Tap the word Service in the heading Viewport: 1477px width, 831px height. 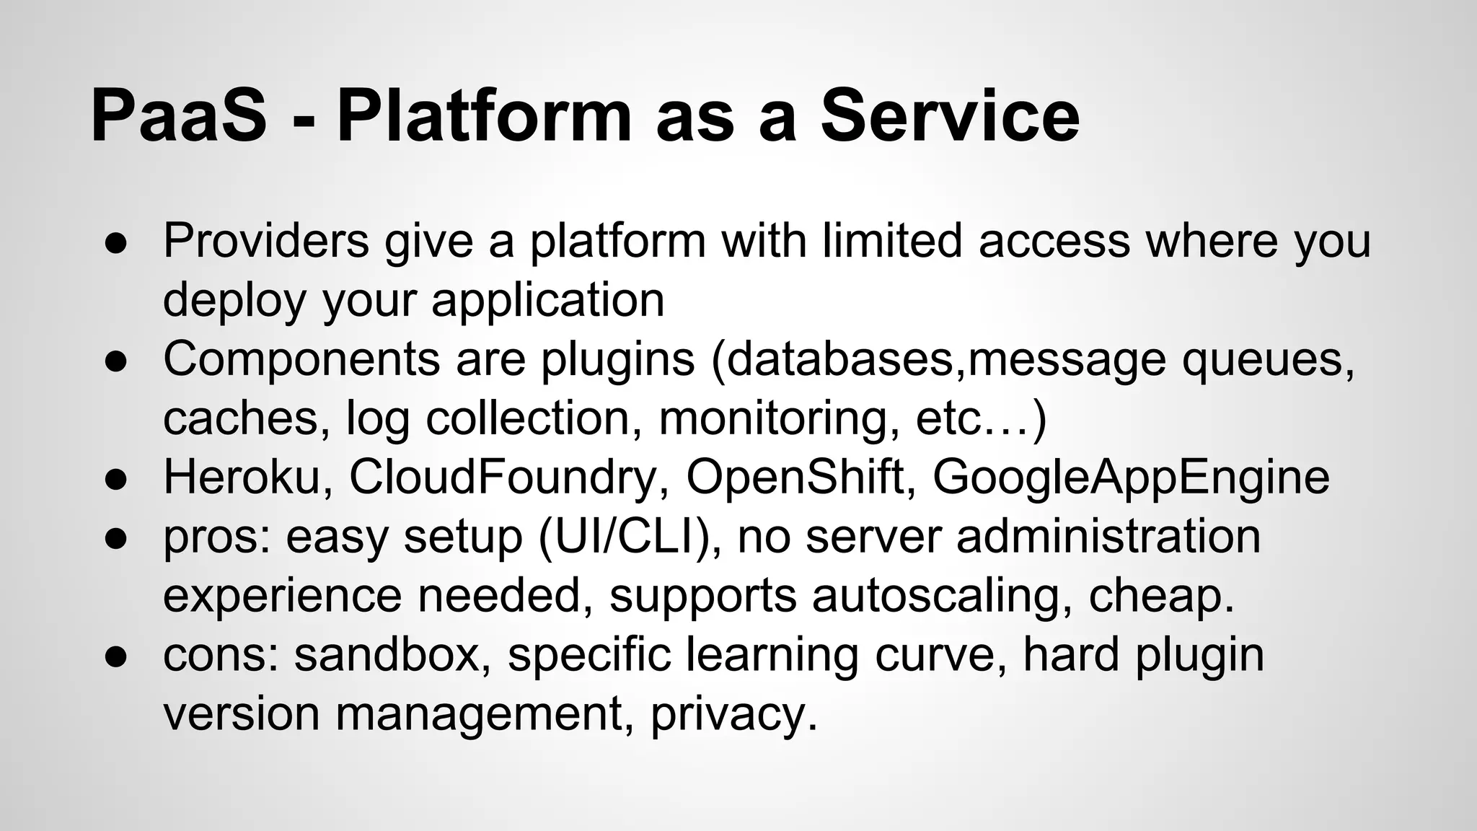click(x=950, y=115)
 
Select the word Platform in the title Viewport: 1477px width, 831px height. click(x=484, y=115)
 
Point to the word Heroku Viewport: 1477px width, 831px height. click(x=241, y=477)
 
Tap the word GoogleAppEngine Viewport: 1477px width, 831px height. click(x=1130, y=477)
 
